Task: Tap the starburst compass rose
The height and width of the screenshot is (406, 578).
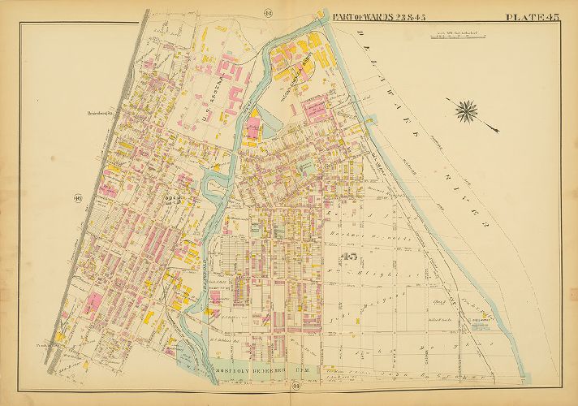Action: click(x=467, y=108)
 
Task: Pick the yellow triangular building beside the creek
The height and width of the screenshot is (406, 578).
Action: click(x=254, y=117)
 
